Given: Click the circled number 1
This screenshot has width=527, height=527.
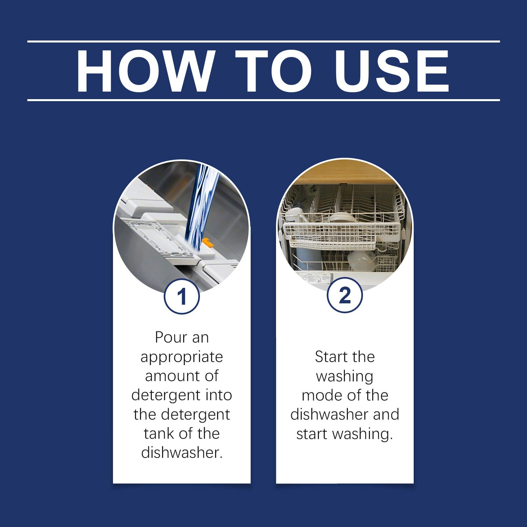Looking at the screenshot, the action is pos(182,296).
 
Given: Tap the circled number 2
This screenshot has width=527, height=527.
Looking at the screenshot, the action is pos(345,295).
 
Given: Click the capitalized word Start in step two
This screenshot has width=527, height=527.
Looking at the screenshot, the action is pos(330,357).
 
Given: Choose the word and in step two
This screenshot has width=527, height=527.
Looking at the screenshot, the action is pos(386,414).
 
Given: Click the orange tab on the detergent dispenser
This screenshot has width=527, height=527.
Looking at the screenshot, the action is pos(207,242).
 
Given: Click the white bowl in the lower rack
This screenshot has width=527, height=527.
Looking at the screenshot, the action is pos(360,260).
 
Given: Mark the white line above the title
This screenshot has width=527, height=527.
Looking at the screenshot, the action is pos(263,42).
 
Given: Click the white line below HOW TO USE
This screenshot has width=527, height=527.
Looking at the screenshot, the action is pos(263,100).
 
